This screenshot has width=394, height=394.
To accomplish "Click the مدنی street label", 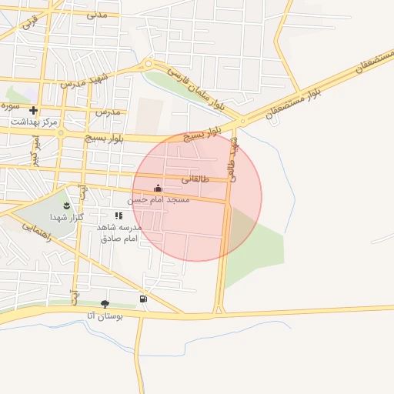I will (x=97, y=14).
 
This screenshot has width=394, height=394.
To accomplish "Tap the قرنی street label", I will (x=28, y=23).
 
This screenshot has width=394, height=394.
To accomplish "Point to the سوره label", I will (x=9, y=103).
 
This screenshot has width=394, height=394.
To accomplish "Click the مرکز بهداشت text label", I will (x=34, y=122).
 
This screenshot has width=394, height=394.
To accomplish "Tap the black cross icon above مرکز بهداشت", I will (x=33, y=111).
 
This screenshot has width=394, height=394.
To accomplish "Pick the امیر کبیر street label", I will (x=34, y=150).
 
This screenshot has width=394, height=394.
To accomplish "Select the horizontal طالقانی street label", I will (x=195, y=179).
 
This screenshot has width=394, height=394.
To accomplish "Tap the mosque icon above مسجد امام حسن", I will (x=159, y=188).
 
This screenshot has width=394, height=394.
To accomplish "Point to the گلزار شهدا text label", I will (x=65, y=218).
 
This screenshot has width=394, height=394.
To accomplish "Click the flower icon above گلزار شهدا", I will (x=66, y=205).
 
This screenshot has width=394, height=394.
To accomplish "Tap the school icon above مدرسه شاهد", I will (x=119, y=216).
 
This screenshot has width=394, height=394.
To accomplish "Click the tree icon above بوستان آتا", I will (x=105, y=304).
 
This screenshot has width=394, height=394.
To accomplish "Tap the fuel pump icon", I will (x=143, y=299).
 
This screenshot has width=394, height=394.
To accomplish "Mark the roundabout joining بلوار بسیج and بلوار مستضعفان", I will (x=242, y=122).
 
